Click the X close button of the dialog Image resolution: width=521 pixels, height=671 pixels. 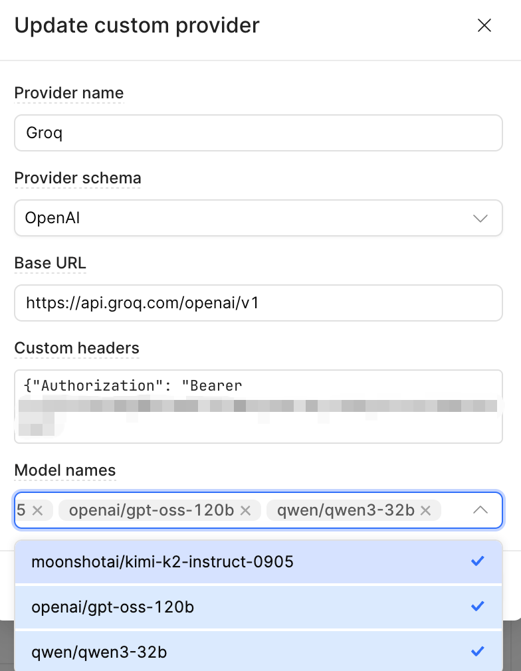point(484,26)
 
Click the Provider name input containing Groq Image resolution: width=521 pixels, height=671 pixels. point(258,133)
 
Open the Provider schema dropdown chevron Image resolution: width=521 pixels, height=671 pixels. point(480,218)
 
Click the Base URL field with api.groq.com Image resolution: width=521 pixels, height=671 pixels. point(258,303)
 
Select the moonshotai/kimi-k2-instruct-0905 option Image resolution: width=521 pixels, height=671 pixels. point(162,562)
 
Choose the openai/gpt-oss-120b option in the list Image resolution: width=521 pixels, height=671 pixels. point(113,607)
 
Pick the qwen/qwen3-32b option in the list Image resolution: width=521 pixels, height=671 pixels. point(99,652)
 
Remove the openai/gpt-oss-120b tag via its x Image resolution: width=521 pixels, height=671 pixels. point(245,510)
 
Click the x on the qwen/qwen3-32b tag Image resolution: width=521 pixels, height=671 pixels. point(426,510)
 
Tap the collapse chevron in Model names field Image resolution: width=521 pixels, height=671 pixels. point(480,510)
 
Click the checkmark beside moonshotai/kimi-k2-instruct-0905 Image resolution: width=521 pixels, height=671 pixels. point(477,561)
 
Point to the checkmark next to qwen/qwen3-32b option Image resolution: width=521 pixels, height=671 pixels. point(477,652)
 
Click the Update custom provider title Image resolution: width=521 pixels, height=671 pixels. point(137,26)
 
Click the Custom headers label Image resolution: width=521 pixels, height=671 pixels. point(76,348)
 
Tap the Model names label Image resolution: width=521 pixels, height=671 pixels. point(65,470)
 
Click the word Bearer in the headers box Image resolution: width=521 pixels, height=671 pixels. point(215,385)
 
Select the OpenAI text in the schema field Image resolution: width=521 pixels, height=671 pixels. point(52,218)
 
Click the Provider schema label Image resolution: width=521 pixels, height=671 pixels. point(78,178)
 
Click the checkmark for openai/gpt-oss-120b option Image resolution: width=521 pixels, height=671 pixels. point(477,607)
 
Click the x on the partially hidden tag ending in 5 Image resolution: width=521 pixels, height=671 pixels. point(37,510)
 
